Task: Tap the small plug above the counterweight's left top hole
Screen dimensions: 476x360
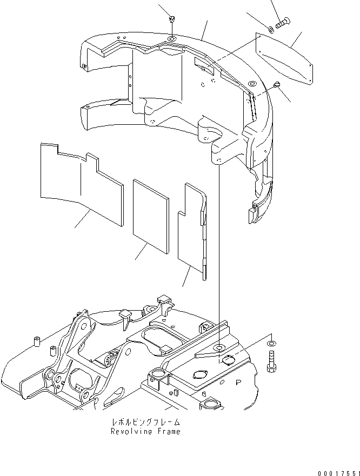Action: pyautogui.click(x=171, y=19)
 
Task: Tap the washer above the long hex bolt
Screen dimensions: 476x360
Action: pyautogui.click(x=271, y=343)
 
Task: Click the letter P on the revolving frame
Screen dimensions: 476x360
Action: pyautogui.click(x=237, y=381)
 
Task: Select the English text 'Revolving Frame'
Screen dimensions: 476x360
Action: pyautogui.click(x=145, y=431)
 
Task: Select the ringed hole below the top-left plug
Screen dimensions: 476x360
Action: pyautogui.click(x=171, y=39)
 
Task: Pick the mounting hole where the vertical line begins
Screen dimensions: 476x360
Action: pyautogui.click(x=219, y=161)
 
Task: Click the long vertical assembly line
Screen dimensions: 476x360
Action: pyautogui.click(x=219, y=254)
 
